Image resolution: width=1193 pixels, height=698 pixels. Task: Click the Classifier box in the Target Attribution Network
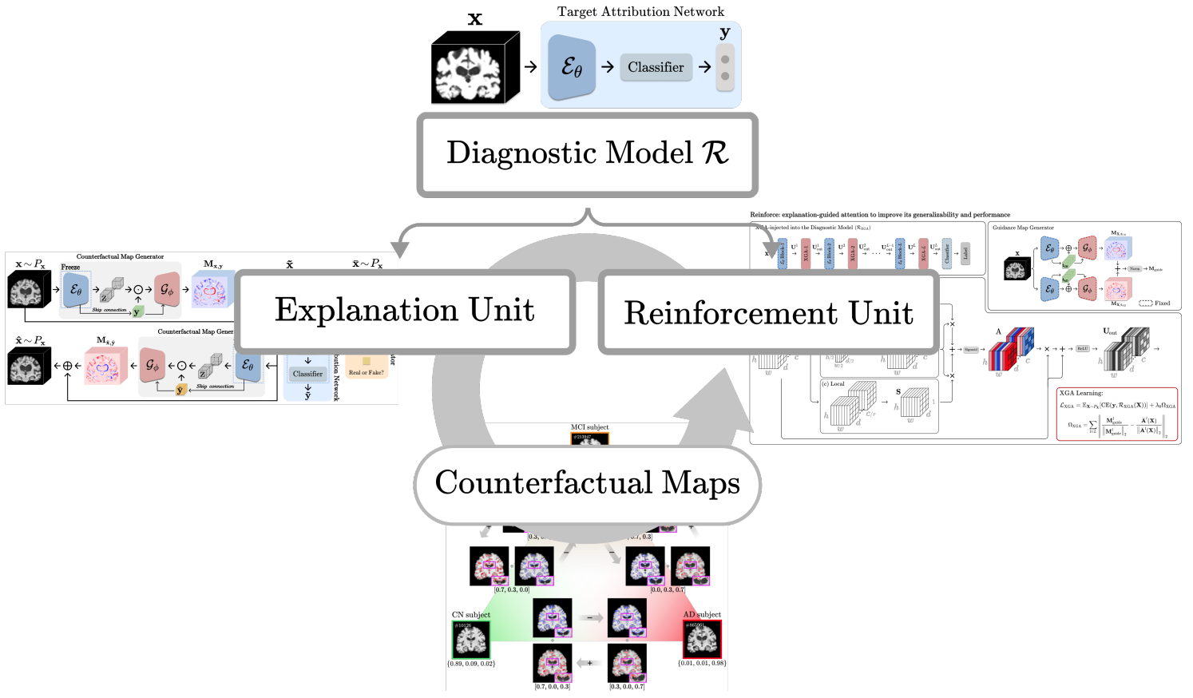[655, 67]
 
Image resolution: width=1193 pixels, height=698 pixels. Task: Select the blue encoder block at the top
[572, 68]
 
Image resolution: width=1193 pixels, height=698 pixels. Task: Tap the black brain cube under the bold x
[474, 69]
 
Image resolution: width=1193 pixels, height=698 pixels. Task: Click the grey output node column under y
[725, 68]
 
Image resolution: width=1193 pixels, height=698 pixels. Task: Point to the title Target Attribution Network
[640, 12]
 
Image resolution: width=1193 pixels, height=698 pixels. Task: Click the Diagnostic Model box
[587, 154]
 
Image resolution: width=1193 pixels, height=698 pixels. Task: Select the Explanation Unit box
[404, 311]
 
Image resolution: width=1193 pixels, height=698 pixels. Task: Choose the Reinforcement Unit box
[768, 313]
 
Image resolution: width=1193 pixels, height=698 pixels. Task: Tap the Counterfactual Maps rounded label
[587, 483]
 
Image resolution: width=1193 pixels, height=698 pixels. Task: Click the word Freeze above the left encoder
[70, 268]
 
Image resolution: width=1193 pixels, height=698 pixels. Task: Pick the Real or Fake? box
[367, 372]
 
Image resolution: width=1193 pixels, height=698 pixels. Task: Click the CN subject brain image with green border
[471, 640]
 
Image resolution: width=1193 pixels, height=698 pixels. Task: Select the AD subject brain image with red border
[702, 640]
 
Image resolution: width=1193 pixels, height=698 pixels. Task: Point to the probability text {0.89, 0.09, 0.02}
[471, 664]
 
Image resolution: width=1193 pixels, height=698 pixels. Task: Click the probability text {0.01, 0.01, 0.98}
[702, 663]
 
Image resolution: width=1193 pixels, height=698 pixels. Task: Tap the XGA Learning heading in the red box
[1081, 393]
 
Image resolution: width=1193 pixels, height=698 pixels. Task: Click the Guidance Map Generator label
[1023, 228]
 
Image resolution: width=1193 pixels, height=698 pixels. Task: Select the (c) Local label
[833, 384]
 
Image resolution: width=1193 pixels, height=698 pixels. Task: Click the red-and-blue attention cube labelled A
[1010, 349]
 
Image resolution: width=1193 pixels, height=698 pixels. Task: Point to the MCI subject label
[589, 427]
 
